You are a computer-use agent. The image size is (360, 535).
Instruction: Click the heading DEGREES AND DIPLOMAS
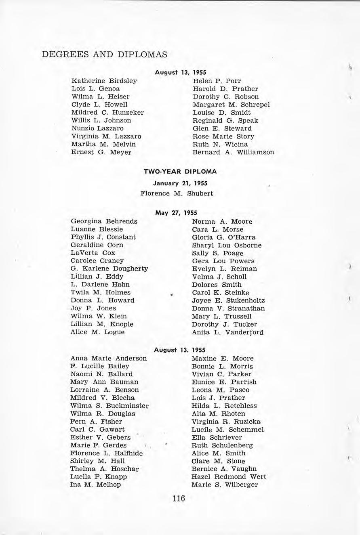pos(104,54)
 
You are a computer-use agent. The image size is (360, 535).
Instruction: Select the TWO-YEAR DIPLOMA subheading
pos(180,171)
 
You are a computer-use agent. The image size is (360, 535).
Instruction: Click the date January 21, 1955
pos(180,183)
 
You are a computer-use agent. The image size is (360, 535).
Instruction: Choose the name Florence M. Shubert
pos(177,193)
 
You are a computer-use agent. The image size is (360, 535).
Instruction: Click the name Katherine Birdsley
pos(104,81)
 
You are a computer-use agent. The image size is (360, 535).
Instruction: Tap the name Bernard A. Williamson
pos(233,152)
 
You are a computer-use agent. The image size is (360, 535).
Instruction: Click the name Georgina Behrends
pos(104,221)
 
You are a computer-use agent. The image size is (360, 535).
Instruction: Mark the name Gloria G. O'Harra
pos(224,237)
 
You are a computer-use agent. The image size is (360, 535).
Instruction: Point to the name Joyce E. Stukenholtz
pos(228,300)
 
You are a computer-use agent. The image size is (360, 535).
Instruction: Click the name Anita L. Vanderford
pos(228,332)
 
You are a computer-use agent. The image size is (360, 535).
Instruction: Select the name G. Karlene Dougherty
pos(109,269)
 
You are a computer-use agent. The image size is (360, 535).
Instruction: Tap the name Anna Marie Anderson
pos(109,358)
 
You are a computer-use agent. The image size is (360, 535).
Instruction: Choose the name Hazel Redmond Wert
pos(229,476)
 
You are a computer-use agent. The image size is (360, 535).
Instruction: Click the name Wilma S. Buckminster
pos(109,405)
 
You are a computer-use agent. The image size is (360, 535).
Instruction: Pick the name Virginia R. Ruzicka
pos(226,422)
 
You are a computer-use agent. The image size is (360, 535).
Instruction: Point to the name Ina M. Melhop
pos(96,485)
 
